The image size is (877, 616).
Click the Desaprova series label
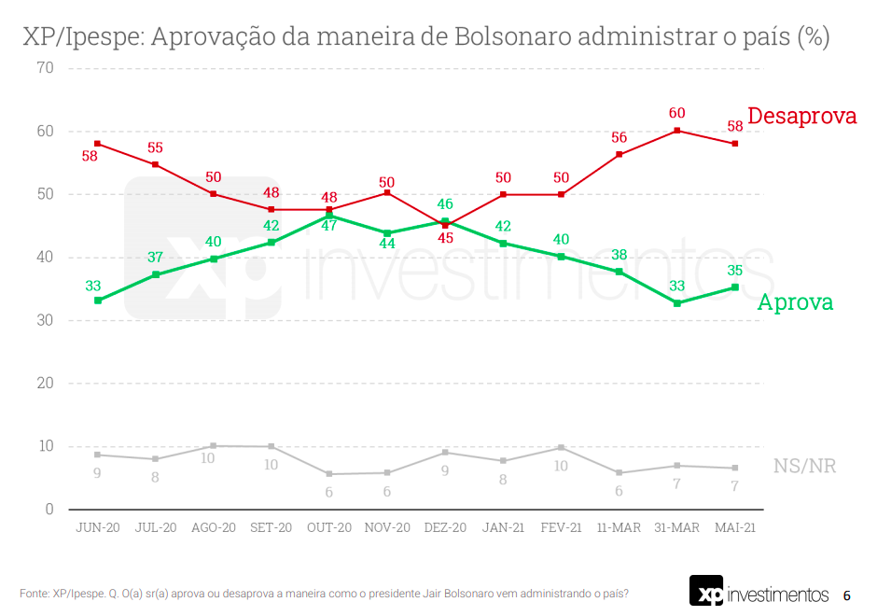pyautogui.click(x=801, y=117)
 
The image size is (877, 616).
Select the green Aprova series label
pyautogui.click(x=795, y=302)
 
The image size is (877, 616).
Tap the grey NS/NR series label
pyautogui.click(x=804, y=466)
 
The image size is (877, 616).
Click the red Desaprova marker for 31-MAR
pyautogui.click(x=677, y=131)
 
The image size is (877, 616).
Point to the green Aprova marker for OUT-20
pyautogui.click(x=329, y=216)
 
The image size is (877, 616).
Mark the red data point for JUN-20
pyautogui.click(x=98, y=144)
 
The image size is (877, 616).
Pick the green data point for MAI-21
pyautogui.click(x=735, y=287)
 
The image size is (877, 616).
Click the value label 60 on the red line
pyautogui.click(x=677, y=113)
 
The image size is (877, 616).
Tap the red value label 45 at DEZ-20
pyautogui.click(x=445, y=238)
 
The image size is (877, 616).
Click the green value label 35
pyautogui.click(x=735, y=270)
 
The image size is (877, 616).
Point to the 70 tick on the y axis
pyautogui.click(x=44, y=68)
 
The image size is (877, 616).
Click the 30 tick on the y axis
pyautogui.click(x=44, y=320)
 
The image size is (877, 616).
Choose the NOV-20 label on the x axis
pyautogui.click(x=387, y=527)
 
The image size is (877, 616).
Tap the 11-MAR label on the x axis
pyautogui.click(x=619, y=527)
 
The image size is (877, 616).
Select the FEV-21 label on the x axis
pyautogui.click(x=561, y=527)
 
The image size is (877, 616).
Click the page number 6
pyautogui.click(x=846, y=595)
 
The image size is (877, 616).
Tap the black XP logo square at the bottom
pyautogui.click(x=705, y=593)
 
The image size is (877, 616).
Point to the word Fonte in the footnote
pyautogui.click(x=34, y=594)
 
